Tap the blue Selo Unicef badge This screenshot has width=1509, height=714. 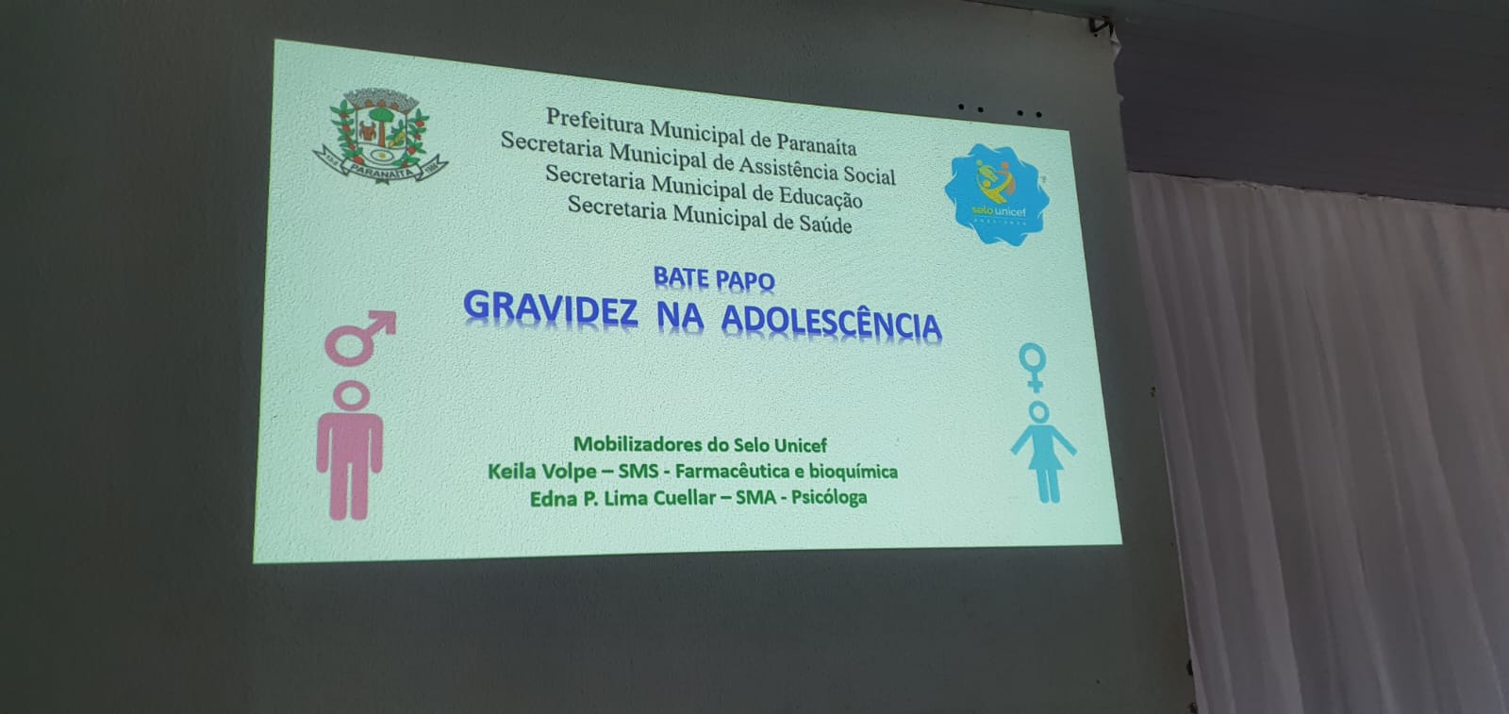[x=997, y=194]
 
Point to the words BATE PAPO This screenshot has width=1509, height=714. [x=714, y=278]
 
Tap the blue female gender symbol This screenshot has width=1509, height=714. [x=1033, y=367]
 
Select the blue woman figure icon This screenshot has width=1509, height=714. [x=1043, y=452]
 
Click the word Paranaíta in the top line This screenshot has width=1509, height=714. [x=817, y=142]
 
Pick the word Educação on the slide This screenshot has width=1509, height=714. [x=821, y=195]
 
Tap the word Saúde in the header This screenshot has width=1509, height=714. [x=825, y=223]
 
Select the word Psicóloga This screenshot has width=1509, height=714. [x=829, y=498]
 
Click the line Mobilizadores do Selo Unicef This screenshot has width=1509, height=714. [x=700, y=444]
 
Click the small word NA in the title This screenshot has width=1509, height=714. [x=680, y=317]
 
